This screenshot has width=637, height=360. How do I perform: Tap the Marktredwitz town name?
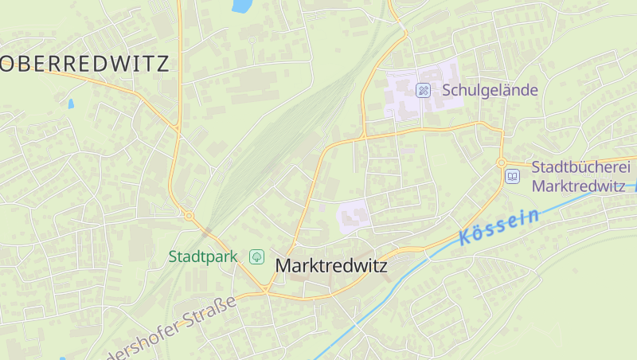pyautogui.click(x=331, y=266)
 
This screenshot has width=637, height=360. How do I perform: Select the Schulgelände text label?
pyautogui.click(x=490, y=90)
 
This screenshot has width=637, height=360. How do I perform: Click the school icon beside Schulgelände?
pyautogui.click(x=424, y=90)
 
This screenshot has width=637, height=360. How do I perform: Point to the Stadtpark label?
pyautogui.click(x=203, y=256)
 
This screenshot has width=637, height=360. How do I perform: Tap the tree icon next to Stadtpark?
pyautogui.click(x=256, y=256)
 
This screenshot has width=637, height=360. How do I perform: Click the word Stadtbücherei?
pyautogui.click(x=580, y=168)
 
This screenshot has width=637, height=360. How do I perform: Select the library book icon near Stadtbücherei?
pyautogui.click(x=513, y=176)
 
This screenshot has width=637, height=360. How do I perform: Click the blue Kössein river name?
pyautogui.click(x=499, y=226)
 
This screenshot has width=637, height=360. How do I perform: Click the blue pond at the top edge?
pyautogui.click(x=240, y=6)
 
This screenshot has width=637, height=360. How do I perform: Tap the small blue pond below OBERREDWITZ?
pyautogui.click(x=71, y=104)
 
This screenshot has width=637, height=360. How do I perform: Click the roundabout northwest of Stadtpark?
pyautogui.click(x=189, y=215)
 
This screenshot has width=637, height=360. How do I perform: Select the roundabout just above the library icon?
pyautogui.click(x=502, y=162)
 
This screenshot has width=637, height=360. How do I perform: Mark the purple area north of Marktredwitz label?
pyautogui.click(x=354, y=216)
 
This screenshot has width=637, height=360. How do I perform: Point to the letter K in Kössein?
pyautogui.click(x=465, y=237)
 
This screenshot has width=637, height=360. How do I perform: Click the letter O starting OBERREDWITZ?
pyautogui.click(x=10, y=64)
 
